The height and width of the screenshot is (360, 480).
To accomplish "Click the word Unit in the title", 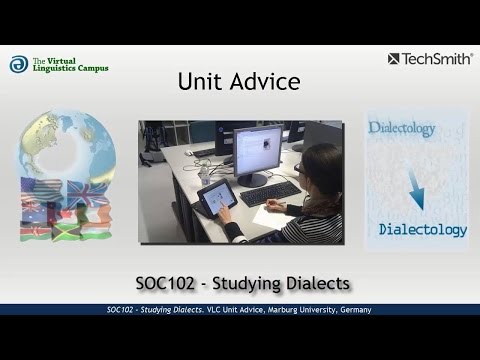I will click(x=199, y=81).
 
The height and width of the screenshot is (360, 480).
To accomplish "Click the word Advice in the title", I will click(x=264, y=81).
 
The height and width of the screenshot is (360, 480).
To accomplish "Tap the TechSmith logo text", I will click(x=437, y=59).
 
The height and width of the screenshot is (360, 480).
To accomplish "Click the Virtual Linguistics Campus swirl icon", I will click(x=19, y=64).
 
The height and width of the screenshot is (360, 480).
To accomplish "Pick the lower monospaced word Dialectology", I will click(x=423, y=230).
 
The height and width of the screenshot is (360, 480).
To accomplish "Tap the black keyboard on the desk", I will click(x=269, y=192).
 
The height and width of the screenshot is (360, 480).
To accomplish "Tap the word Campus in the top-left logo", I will click(x=91, y=69).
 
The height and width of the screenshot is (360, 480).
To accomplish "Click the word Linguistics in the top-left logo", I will click(x=55, y=69).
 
